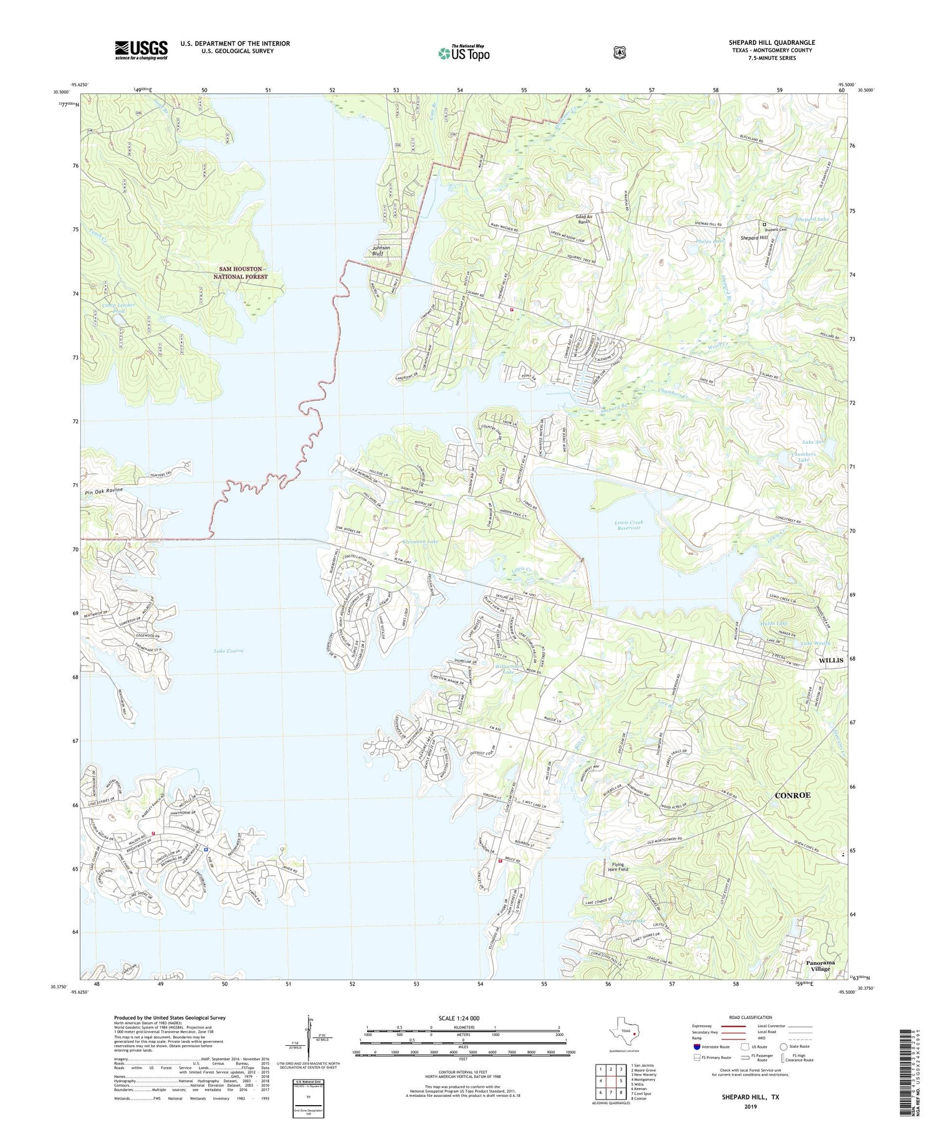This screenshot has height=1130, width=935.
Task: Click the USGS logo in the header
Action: [x=141, y=50]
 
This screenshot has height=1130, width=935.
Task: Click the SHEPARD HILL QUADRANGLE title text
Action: [x=772, y=42]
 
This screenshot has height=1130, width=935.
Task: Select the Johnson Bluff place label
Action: [x=381, y=251]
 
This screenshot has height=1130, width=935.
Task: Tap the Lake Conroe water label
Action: [x=229, y=651]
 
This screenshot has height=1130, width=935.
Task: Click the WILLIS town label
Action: [x=831, y=659]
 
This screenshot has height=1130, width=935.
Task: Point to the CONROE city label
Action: [x=792, y=795]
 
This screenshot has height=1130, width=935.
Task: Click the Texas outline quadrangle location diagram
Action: [x=625, y=1029]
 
